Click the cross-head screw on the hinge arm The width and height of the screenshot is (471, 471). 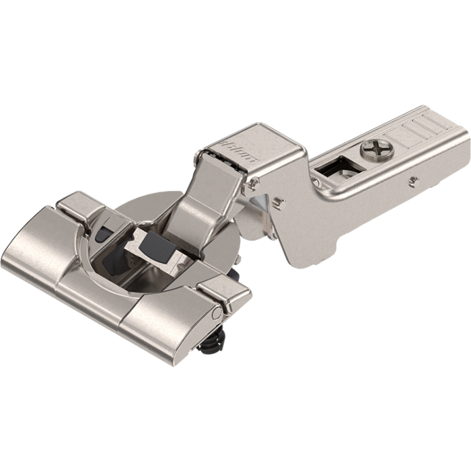click(378, 149)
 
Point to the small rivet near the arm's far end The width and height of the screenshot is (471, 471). click(414, 180)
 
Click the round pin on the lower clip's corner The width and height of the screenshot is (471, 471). click(216, 314)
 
